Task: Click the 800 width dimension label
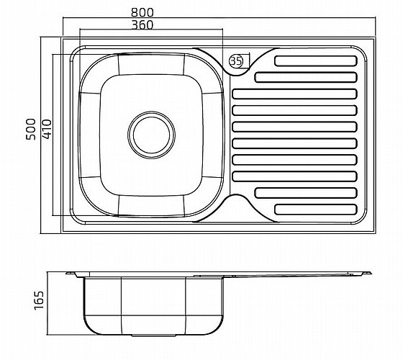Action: [142, 12]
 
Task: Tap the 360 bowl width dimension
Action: [142, 25]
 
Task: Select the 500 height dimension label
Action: [31, 129]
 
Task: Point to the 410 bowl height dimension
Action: [47, 129]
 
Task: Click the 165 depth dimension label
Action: [39, 300]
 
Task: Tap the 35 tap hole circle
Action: [236, 61]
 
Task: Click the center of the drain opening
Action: [151, 135]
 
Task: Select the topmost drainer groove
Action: [316, 61]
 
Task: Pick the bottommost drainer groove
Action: [316, 210]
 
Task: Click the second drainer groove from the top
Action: [306, 78]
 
